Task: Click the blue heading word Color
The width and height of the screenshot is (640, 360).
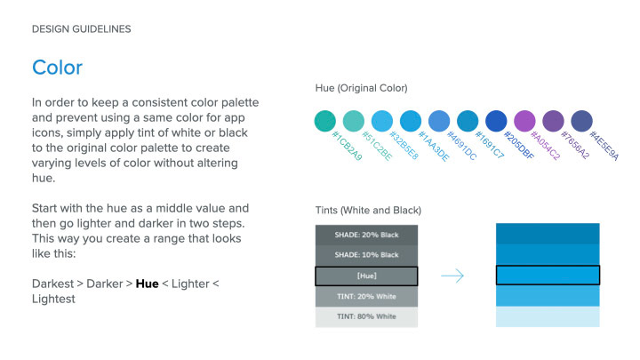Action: click(x=57, y=68)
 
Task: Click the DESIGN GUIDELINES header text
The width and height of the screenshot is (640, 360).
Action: click(x=81, y=29)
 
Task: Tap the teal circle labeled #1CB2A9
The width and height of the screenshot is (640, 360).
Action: click(x=325, y=121)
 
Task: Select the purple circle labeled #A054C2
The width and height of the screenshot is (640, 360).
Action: click(x=524, y=121)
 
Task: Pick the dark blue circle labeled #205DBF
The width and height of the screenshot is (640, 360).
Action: click(x=496, y=121)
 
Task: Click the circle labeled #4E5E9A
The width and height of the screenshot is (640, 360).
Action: click(x=581, y=121)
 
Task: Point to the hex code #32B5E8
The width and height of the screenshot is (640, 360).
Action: click(x=404, y=145)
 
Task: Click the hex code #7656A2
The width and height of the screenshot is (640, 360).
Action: click(x=575, y=145)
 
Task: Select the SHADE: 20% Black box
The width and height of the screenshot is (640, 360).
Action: click(x=366, y=235)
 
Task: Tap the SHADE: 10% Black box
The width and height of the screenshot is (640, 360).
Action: click(x=366, y=255)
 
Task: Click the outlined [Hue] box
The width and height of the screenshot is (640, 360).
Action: click(x=366, y=276)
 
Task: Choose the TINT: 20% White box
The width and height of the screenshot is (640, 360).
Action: click(x=366, y=296)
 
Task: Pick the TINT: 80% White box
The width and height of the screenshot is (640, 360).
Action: click(x=366, y=316)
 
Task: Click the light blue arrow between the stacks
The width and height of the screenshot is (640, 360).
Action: click(x=452, y=276)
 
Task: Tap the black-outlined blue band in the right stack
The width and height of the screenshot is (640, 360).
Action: click(x=548, y=275)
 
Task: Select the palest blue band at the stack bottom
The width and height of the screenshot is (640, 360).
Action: click(x=548, y=316)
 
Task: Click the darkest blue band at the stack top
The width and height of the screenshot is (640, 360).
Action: click(x=548, y=234)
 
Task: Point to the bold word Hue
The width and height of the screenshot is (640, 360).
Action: click(x=147, y=284)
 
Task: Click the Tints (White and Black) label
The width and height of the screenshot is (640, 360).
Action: click(x=368, y=210)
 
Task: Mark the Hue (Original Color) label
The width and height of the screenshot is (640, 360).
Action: click(x=361, y=88)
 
